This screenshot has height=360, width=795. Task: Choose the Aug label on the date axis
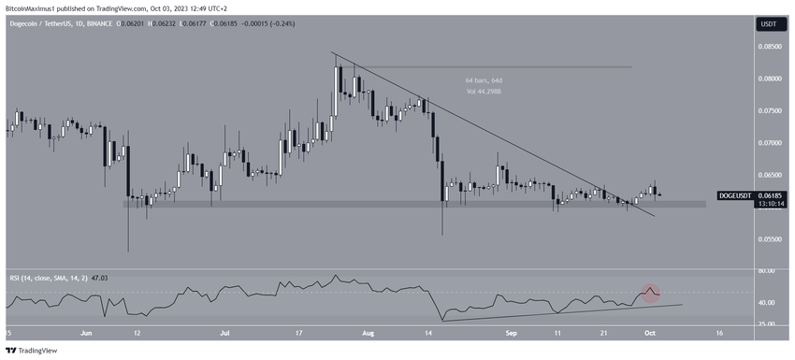(363, 332)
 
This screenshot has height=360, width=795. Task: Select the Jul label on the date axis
(225, 332)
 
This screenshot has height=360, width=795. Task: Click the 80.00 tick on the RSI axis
(767, 270)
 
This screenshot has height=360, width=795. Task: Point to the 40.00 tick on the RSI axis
(767, 303)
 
